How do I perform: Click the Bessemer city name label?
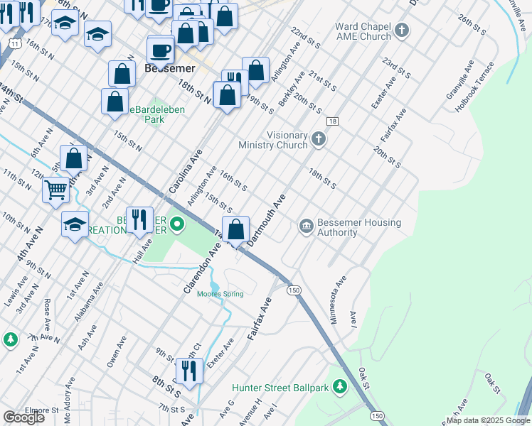(x=169, y=69)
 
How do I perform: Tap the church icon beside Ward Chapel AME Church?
(x=402, y=31)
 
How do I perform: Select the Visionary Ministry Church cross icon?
(x=319, y=140)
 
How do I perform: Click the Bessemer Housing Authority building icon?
(x=307, y=227)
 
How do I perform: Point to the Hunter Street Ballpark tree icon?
(x=341, y=387)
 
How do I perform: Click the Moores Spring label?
(x=220, y=294)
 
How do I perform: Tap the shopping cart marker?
(x=55, y=190)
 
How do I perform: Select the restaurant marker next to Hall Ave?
(x=139, y=219)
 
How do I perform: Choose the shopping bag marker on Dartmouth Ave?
(x=236, y=229)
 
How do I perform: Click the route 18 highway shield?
(x=332, y=121)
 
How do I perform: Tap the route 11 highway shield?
(x=14, y=43)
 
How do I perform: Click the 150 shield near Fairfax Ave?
(x=293, y=290)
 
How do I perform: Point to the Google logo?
(x=23, y=417)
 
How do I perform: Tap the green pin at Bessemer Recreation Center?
(x=176, y=227)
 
